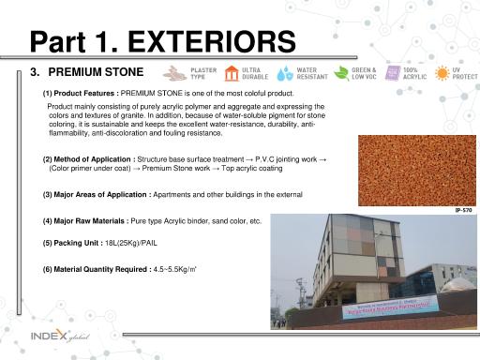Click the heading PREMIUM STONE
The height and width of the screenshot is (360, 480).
click(x=96, y=72)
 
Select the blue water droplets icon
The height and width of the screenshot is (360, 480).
click(x=282, y=73)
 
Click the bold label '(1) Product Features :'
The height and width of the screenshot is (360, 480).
click(x=81, y=94)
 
